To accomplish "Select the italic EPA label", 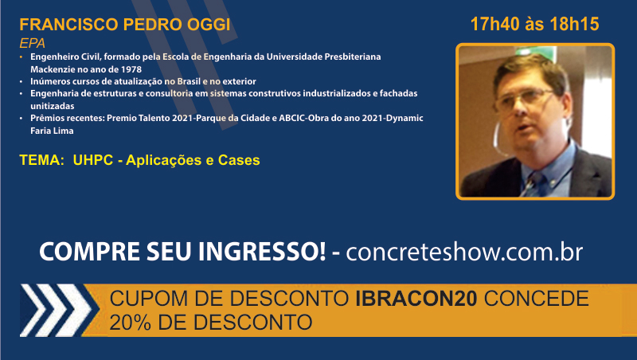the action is pyautogui.click(x=32, y=43).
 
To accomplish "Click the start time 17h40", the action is pyautogui.click(x=494, y=25).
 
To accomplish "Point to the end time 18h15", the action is pyautogui.click(x=574, y=25).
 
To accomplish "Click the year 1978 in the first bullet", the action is pyautogui.click(x=131, y=69).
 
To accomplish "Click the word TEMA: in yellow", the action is pyautogui.click(x=42, y=160).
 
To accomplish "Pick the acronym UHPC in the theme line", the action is pyautogui.click(x=93, y=160).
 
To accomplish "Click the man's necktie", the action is pyautogui.click(x=534, y=182).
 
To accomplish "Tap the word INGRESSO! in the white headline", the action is pyautogui.click(x=262, y=252).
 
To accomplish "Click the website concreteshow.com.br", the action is pyautogui.click(x=464, y=252).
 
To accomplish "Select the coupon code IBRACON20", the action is pyautogui.click(x=416, y=299).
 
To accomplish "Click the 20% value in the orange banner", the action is pyautogui.click(x=130, y=323).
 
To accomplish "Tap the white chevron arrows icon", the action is pyautogui.click(x=56, y=310).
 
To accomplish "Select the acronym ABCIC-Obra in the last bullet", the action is pyautogui.click(x=302, y=118).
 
